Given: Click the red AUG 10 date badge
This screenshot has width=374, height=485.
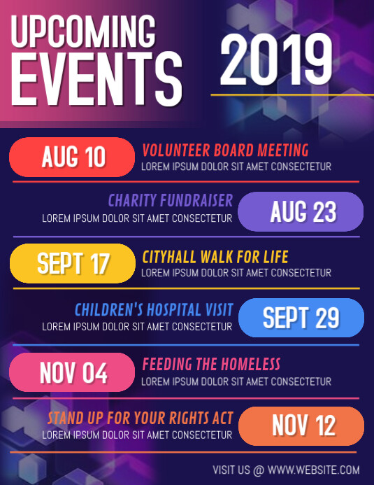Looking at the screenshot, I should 72,157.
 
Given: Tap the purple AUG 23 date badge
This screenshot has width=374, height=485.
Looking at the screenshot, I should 301,211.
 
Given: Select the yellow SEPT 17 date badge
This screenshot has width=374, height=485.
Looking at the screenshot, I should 72,263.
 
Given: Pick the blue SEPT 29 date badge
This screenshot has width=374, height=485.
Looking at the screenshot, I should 301,318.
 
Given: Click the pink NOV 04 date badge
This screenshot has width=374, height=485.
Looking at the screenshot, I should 72,372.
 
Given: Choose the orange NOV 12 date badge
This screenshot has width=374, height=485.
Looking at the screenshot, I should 301,426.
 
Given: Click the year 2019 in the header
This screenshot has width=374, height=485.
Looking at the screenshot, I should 276,60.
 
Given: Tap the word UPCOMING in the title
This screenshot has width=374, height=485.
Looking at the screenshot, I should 84,33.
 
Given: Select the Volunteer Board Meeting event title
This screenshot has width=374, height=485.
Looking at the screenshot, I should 225,150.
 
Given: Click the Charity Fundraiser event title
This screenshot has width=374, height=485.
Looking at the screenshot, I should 171,202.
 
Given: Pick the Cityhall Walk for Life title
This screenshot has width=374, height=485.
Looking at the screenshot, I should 215,256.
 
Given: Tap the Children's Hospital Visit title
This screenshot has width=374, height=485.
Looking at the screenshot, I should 154,309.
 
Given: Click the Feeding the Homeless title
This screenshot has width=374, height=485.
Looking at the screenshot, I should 211,364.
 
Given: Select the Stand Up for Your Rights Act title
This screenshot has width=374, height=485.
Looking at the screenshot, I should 140,419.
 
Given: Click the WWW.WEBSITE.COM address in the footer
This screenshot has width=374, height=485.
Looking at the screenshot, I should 313,470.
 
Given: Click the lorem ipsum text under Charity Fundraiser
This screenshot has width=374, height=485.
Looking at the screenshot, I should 137,218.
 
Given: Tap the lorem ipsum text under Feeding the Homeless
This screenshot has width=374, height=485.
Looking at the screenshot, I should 236,381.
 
